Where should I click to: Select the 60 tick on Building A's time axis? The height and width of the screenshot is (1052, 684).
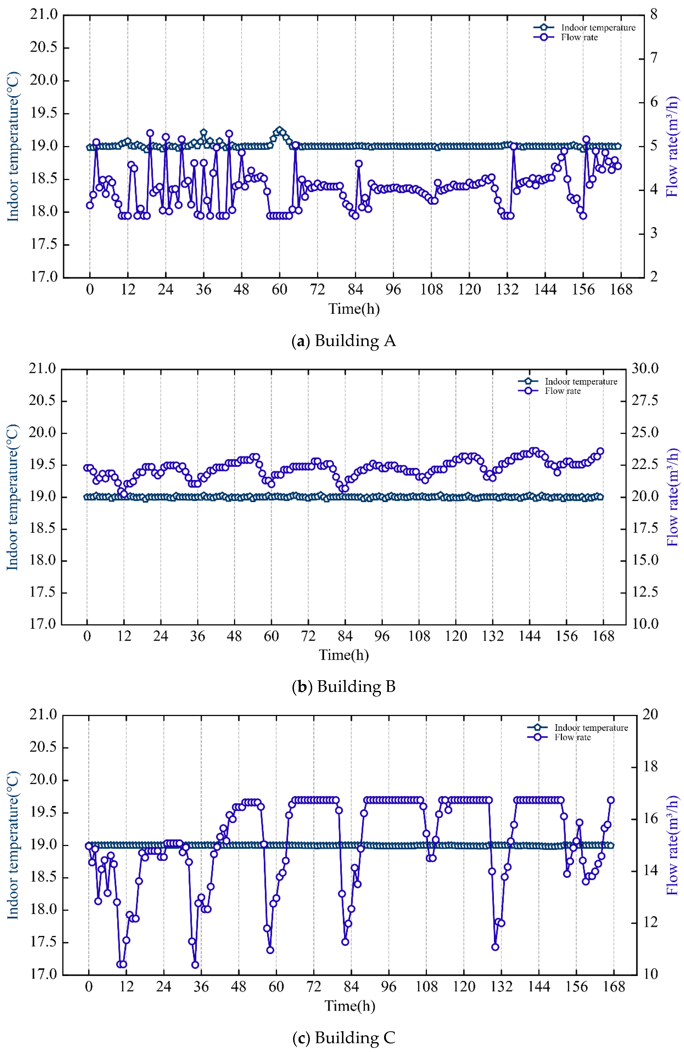(x=279, y=290)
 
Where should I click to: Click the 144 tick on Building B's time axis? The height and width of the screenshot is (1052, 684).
(x=530, y=637)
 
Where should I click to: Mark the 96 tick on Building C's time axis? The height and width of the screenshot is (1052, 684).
(x=388, y=987)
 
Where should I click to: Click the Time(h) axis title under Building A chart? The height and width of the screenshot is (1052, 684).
(x=354, y=308)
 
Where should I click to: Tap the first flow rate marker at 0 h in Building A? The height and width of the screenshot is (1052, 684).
(x=90, y=205)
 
